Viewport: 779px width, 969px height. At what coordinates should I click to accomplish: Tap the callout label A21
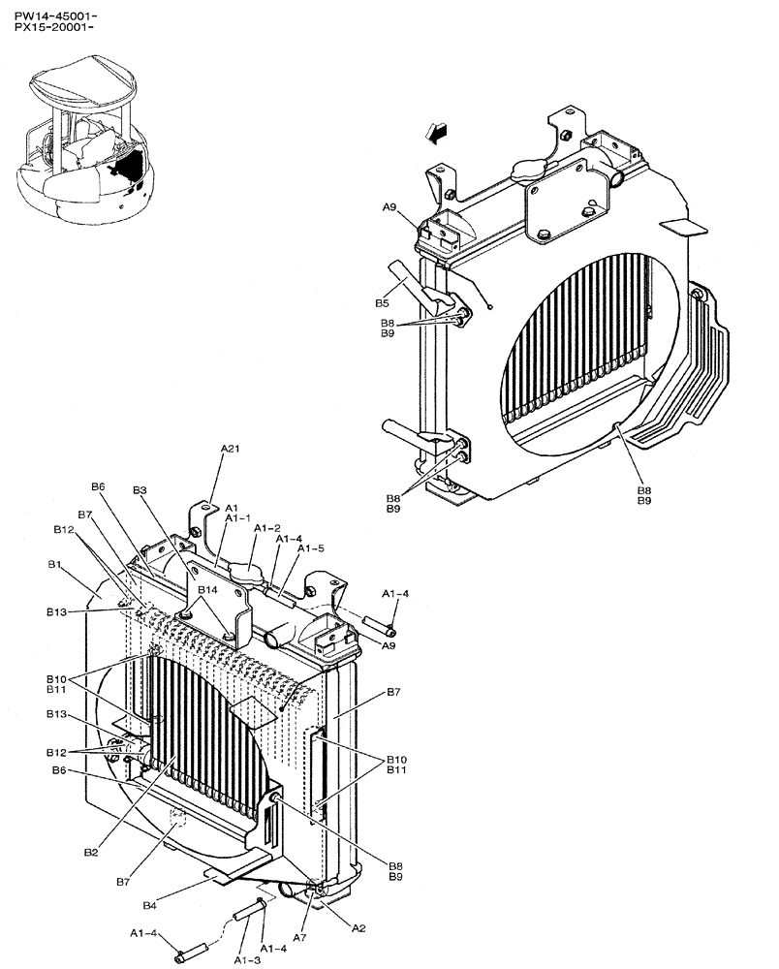coord(230,449)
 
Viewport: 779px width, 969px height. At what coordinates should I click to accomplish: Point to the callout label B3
coord(140,490)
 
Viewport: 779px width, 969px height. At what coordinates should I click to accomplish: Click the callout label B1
coord(55,564)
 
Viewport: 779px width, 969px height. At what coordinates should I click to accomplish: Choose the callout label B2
coord(90,852)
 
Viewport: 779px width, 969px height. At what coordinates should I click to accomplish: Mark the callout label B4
coord(149,907)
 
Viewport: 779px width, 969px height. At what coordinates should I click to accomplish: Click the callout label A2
coord(358,927)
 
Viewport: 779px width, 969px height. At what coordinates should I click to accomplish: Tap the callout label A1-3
coord(247,959)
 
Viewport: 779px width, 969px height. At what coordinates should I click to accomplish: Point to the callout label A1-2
coord(267,528)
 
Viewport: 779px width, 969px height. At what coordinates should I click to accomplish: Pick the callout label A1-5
coord(310,547)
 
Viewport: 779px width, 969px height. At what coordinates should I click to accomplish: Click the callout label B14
coord(208,589)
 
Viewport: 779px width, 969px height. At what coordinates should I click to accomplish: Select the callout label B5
coord(383,303)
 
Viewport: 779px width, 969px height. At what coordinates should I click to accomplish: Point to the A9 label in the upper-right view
coord(389,207)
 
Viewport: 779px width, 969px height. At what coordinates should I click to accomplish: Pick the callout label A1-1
coord(238,518)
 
